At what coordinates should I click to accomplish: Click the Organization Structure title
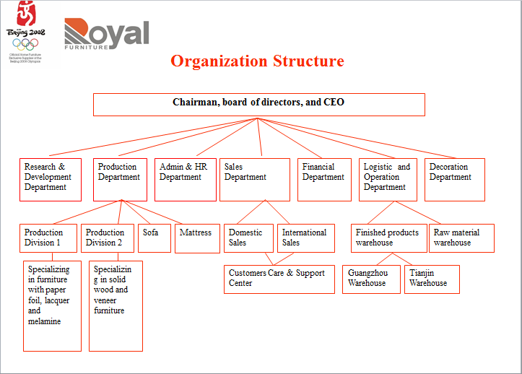257,61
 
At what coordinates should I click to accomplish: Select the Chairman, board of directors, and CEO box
258,105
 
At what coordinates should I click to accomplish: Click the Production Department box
120,179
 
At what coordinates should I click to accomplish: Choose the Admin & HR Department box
185,179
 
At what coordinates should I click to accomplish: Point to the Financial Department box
324,179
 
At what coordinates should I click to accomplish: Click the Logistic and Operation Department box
388,179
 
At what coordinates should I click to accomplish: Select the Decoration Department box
453,179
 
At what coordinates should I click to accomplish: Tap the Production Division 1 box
49,238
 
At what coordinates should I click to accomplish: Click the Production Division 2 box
107,238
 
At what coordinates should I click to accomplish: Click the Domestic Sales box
248,238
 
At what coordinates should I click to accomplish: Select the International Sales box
305,238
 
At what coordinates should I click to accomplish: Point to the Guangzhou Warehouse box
370,279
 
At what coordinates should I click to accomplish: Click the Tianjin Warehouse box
432,279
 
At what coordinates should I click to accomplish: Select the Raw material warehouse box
462,238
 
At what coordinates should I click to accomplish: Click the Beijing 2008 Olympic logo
25,32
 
